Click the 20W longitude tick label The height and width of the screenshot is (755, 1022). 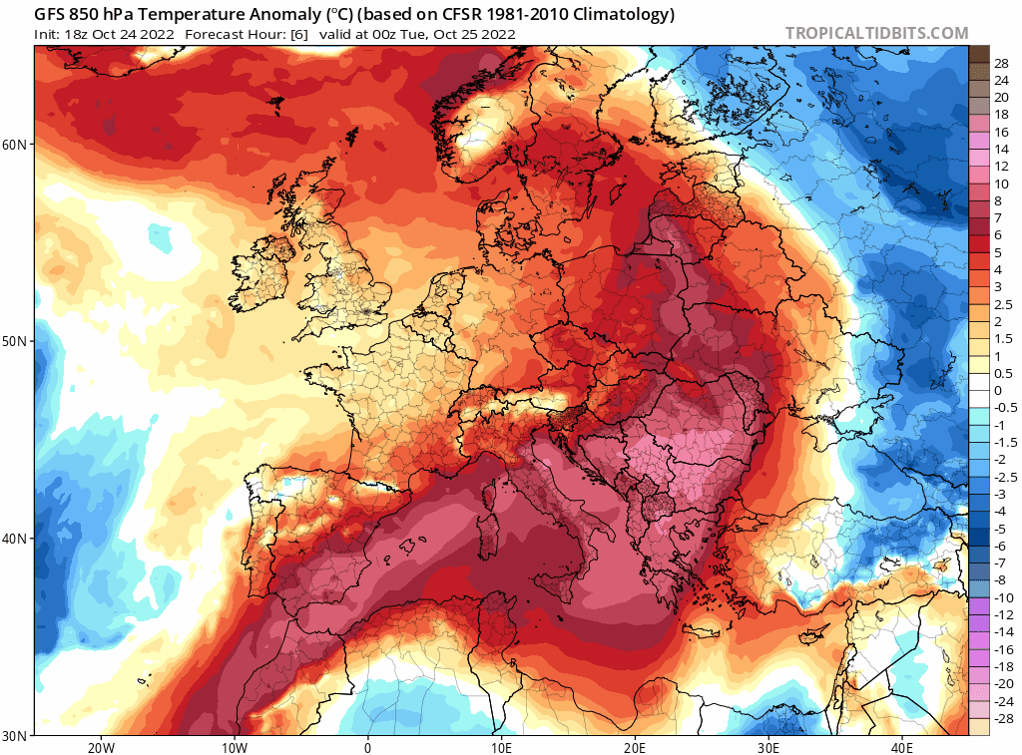pos(101,747)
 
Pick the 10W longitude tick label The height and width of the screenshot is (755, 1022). pos(235,747)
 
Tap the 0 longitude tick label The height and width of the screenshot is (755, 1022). pos(368,747)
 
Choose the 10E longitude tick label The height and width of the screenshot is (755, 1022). pos(502,747)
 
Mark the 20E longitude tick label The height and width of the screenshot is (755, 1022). pos(636,747)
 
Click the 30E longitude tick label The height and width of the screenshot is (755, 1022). pos(768,747)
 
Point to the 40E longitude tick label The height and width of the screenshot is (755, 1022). pos(902,747)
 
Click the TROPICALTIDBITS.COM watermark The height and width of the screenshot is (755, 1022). pos(876,33)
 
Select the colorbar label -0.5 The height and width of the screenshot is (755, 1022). pos(1004,407)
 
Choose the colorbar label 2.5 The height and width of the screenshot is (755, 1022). pos(1002,304)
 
